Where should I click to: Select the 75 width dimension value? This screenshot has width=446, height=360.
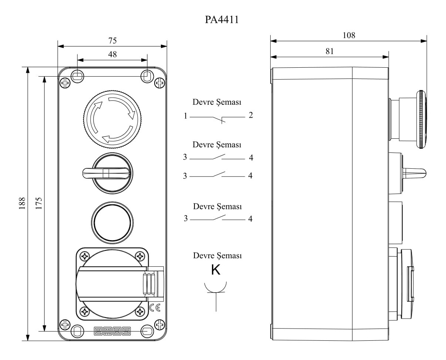112,40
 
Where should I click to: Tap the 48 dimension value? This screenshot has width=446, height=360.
112,54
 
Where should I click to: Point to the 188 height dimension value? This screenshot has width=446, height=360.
21,203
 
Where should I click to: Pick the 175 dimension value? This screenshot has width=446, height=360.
38,203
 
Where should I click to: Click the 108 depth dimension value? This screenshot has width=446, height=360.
349,35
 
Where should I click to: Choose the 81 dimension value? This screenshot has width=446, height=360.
330,51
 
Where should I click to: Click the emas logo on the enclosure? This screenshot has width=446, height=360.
112,331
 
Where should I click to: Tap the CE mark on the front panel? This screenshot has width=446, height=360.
155,307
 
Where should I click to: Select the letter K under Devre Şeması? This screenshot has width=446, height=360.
216,270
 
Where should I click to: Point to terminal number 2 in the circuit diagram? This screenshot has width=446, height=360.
251,115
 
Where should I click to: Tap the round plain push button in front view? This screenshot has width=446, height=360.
112,222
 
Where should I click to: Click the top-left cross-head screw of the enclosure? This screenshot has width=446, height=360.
65,83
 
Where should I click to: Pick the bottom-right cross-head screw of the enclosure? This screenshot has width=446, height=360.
160,324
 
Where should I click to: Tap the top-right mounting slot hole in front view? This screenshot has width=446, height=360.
146,76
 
